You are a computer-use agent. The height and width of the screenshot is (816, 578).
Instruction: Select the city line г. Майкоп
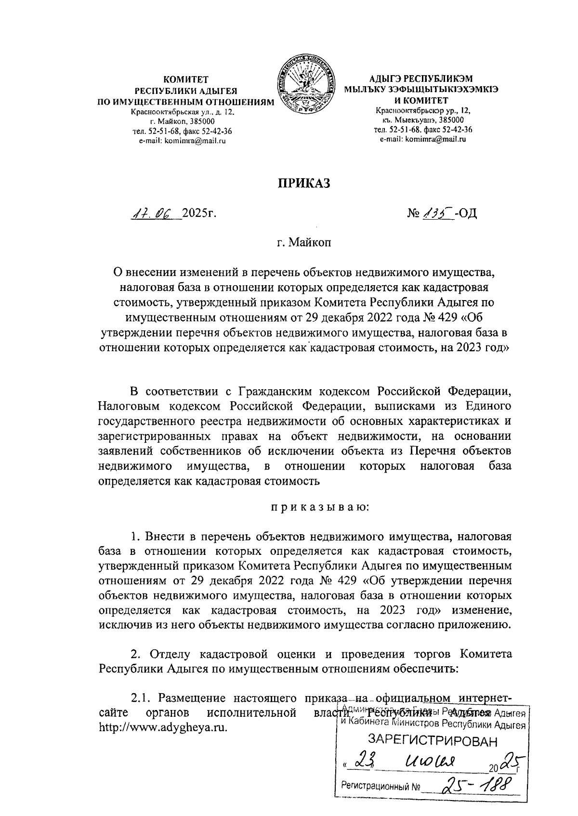303,243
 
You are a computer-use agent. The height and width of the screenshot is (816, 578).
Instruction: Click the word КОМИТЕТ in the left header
185,79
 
